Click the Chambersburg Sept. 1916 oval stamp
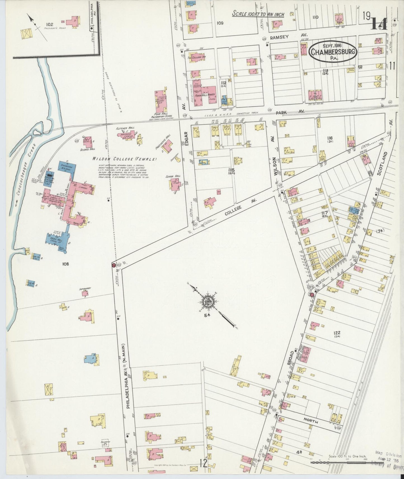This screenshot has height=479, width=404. (332, 51)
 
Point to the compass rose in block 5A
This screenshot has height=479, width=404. (208, 301)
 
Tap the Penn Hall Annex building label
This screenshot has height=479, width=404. (204, 95)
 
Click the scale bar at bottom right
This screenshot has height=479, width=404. (337, 463)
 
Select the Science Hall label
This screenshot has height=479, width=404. (88, 149)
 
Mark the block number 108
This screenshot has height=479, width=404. (66, 264)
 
